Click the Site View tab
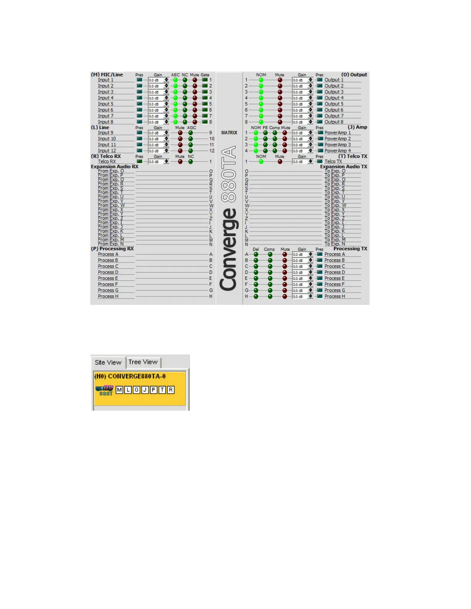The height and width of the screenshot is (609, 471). [x=108, y=362]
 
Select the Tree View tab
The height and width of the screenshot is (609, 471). [x=143, y=362]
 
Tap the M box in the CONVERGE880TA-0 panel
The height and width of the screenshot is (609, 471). [x=119, y=390]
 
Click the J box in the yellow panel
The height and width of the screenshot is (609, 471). [x=145, y=390]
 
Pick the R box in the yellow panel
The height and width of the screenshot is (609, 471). [x=170, y=390]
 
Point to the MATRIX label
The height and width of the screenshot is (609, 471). [x=229, y=133]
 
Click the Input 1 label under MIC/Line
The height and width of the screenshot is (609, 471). [x=105, y=80]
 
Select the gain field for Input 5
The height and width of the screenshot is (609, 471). [x=156, y=104]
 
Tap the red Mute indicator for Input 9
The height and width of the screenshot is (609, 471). [x=180, y=133]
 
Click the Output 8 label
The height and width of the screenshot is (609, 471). [x=334, y=122]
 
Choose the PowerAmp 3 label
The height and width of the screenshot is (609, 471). [x=337, y=145]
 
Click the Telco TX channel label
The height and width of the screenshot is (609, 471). [x=333, y=162]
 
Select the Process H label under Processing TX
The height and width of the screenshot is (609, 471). [x=334, y=296]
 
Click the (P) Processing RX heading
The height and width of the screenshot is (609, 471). [x=112, y=249]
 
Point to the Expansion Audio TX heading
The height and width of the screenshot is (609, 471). [x=344, y=167]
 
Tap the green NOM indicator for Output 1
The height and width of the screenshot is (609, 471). [x=261, y=80]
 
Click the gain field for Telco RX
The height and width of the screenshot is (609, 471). [x=156, y=162]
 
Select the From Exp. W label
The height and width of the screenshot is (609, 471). [x=111, y=205]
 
